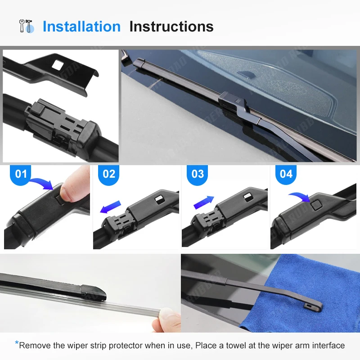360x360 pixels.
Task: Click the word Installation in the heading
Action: (x=81, y=27)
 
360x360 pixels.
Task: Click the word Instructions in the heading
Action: (x=171, y=27)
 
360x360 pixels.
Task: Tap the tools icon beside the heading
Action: (x=27, y=26)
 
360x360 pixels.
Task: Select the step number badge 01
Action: (x=21, y=174)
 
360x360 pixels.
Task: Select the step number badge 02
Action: (x=109, y=174)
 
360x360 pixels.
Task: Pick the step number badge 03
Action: (x=198, y=174)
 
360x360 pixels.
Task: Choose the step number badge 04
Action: (x=286, y=174)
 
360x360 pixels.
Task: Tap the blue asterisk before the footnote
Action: (x=17, y=344)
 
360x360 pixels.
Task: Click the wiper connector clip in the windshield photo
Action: (x=230, y=102)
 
